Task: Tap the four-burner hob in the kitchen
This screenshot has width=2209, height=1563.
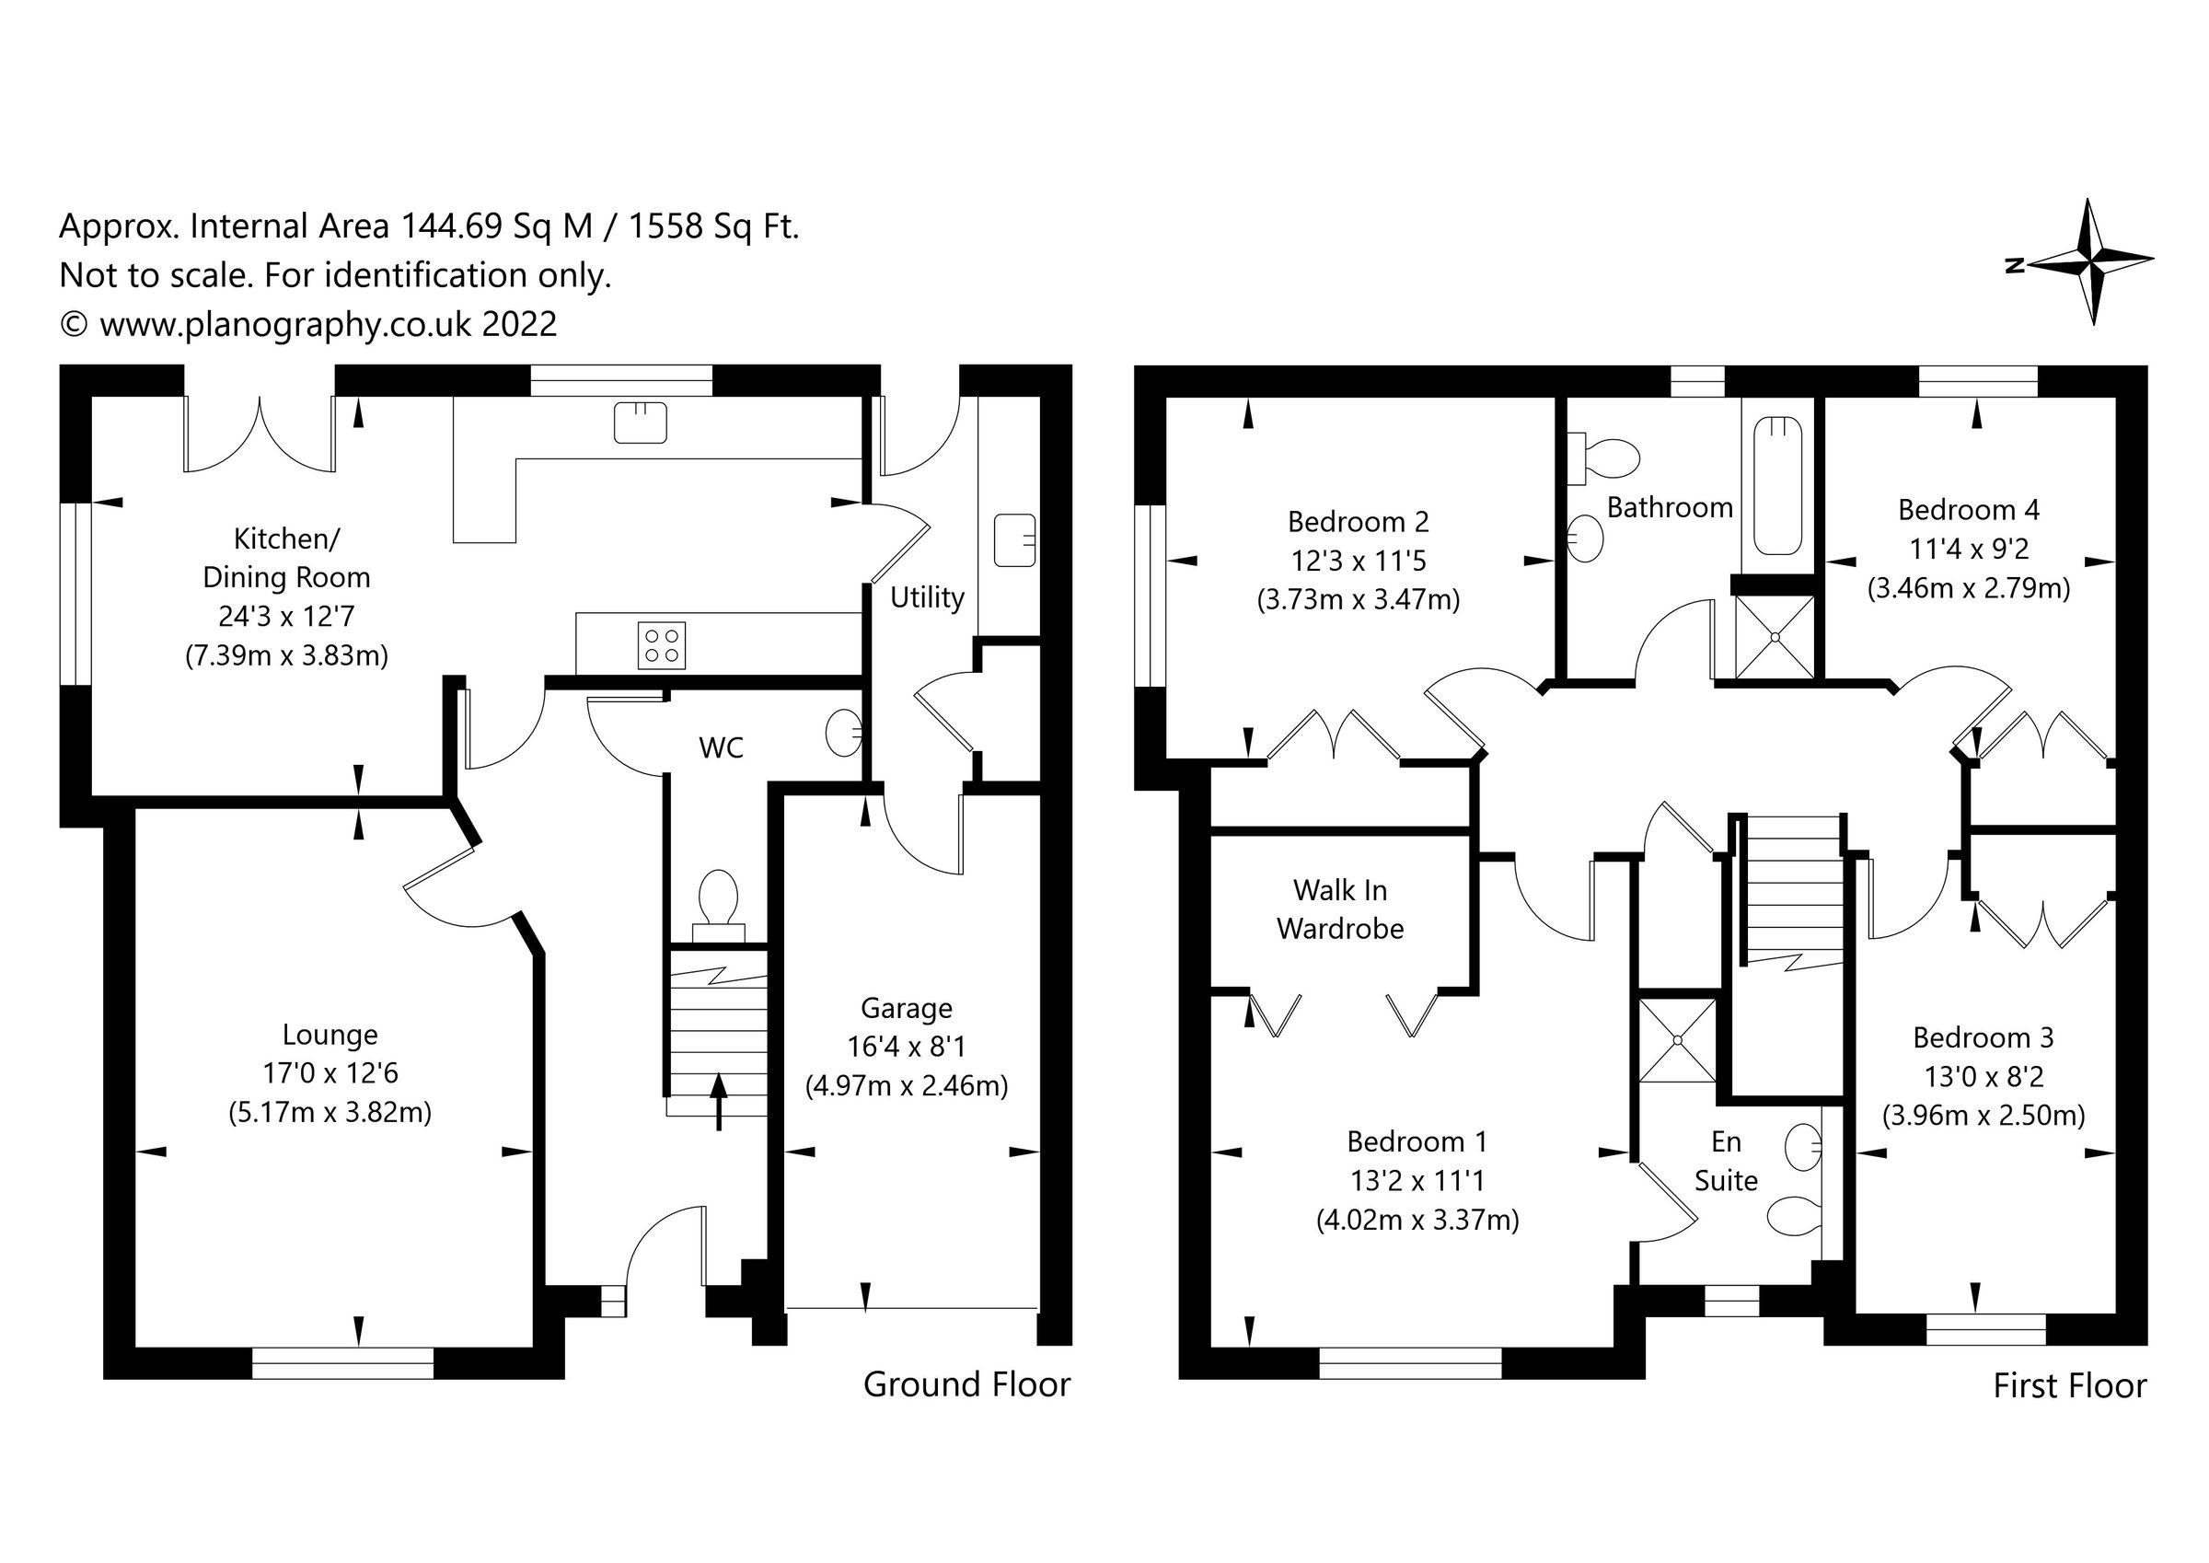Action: (x=662, y=646)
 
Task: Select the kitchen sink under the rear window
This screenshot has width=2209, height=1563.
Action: (x=641, y=423)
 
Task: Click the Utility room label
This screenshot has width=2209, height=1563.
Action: (x=927, y=597)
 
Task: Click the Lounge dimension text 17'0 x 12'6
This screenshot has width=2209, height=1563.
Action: (x=330, y=1073)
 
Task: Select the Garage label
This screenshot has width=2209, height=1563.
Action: (x=907, y=1008)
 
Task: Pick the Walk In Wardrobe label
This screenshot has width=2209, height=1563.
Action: (x=1339, y=909)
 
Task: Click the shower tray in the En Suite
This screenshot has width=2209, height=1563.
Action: (x=1677, y=1040)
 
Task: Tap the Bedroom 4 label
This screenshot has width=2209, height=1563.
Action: (x=1969, y=509)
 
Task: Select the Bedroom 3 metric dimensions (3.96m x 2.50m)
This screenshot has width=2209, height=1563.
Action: (x=1983, y=1116)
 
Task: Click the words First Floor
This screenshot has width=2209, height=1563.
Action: (x=2069, y=1386)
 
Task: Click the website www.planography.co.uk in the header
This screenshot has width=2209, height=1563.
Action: (x=285, y=324)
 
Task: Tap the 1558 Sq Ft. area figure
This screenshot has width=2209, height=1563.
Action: (x=714, y=226)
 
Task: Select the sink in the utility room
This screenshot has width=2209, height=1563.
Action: (x=1014, y=540)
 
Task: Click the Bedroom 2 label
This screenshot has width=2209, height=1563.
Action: (x=1358, y=522)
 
